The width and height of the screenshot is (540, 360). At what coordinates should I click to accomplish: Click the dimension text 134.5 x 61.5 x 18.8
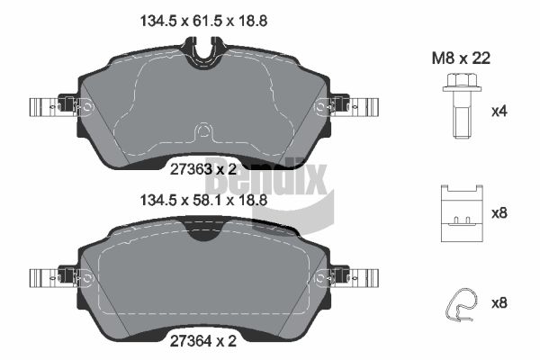(203, 21)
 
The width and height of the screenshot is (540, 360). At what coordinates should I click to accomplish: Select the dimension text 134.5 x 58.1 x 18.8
(203, 200)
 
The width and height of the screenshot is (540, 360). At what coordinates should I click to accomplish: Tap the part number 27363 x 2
(203, 169)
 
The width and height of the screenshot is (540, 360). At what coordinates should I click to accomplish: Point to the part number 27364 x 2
(203, 341)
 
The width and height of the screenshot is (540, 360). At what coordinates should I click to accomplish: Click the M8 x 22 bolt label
(461, 58)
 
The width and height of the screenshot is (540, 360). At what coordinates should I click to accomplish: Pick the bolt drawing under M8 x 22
(462, 106)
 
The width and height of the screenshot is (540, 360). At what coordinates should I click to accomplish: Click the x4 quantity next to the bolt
(499, 112)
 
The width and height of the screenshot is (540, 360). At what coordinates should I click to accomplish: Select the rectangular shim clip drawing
(462, 213)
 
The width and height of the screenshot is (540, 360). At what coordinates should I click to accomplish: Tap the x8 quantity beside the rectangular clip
(499, 213)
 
